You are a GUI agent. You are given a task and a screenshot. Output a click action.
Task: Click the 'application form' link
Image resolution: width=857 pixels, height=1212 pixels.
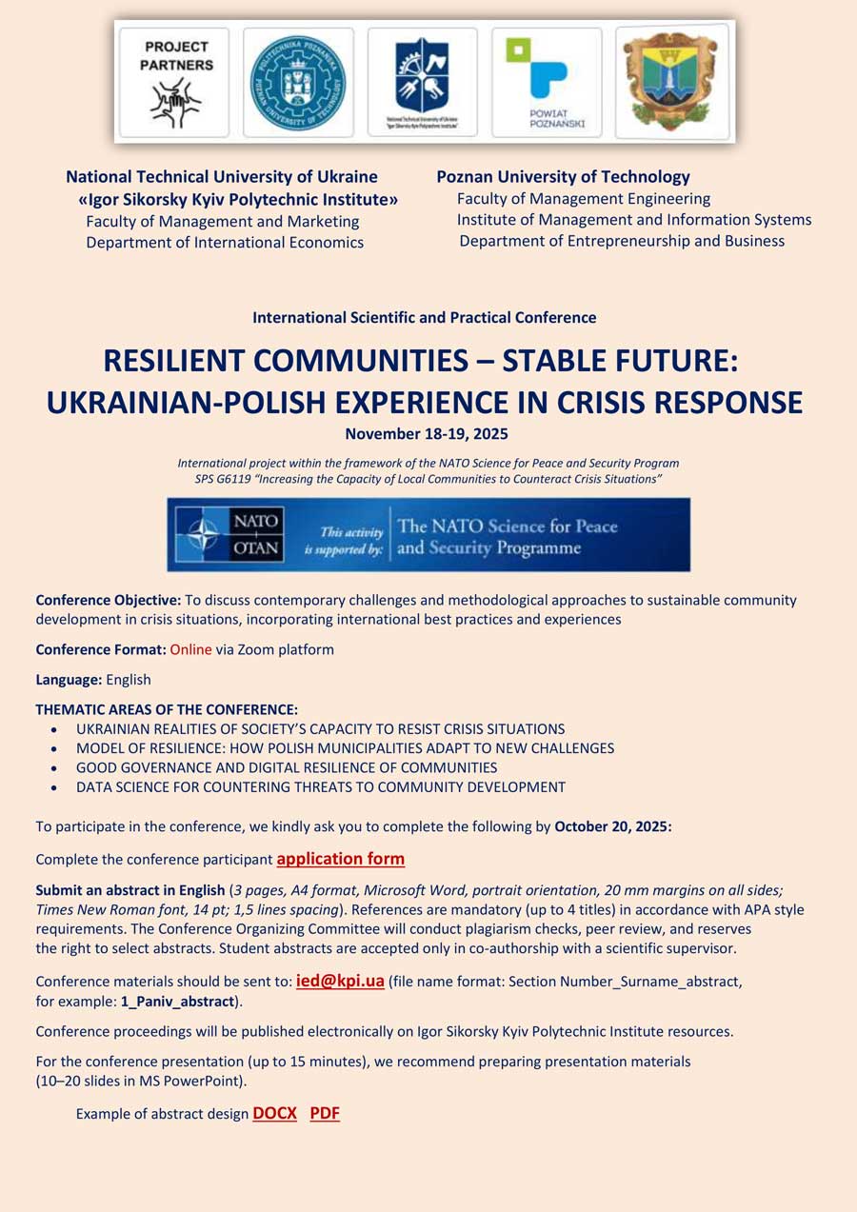[340, 859]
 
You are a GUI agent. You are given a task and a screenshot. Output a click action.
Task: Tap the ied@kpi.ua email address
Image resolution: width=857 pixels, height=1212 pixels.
[340, 982]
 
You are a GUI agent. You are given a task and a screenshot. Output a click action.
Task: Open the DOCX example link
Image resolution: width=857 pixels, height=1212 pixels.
[274, 1113]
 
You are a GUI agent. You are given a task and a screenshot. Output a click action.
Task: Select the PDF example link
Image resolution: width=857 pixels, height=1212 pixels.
[325, 1113]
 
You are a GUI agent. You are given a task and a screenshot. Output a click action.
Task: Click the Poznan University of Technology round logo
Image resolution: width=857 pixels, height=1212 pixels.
[298, 82]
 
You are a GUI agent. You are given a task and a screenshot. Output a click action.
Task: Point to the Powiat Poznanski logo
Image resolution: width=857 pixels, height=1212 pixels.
[547, 82]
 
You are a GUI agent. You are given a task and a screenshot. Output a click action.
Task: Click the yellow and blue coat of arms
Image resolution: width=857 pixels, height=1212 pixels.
[671, 82]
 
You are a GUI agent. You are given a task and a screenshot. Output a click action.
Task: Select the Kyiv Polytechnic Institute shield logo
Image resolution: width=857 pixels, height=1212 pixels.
[422, 76]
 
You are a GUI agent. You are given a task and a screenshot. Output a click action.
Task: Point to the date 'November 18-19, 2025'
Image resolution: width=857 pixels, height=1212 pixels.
[427, 434]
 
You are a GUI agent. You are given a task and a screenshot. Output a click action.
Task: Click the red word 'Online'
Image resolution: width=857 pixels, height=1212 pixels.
[190, 650]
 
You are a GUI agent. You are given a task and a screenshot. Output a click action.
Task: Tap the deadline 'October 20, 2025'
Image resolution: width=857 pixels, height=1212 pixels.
[612, 826]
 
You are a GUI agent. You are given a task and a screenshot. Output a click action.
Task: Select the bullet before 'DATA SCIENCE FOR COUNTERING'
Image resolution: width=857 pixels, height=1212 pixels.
[54, 788]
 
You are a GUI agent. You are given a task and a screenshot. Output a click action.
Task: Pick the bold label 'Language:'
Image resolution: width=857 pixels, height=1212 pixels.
[69, 680]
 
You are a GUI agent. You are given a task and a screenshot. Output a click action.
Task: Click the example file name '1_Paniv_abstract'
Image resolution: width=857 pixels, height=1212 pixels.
[177, 1002]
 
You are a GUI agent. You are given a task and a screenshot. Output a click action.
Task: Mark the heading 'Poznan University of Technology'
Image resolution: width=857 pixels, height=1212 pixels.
[563, 177]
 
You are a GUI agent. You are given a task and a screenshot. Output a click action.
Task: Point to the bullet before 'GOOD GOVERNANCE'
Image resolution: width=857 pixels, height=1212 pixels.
[54, 768]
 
